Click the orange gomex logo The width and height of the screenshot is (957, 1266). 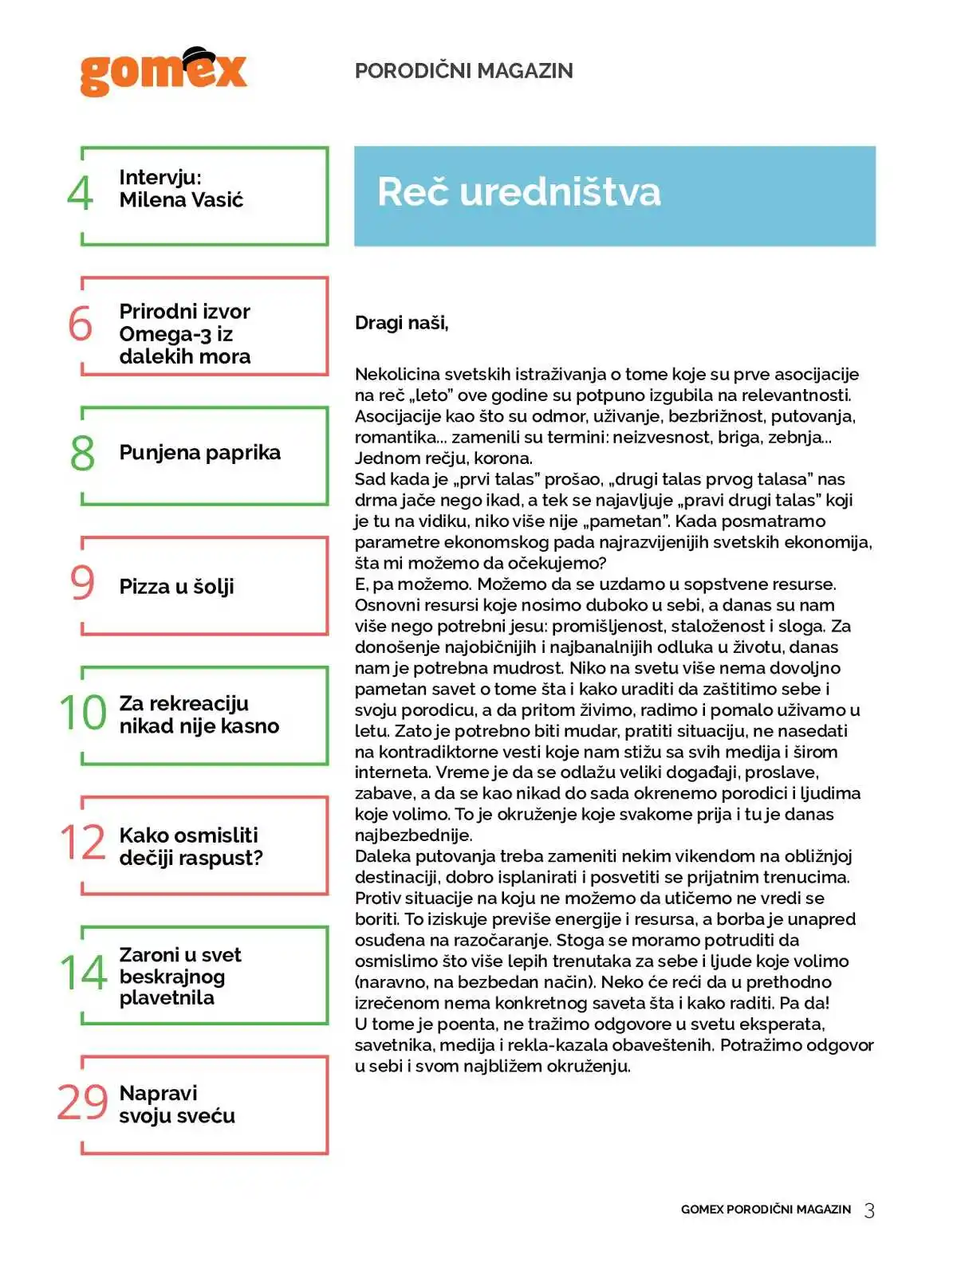[x=163, y=73]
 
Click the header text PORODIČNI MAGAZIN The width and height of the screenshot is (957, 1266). [x=463, y=71]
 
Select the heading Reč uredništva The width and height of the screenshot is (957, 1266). [x=518, y=192]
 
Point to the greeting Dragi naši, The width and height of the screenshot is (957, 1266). [x=401, y=323]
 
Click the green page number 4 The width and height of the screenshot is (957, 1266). [x=80, y=194]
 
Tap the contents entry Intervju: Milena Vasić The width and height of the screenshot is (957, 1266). [x=181, y=189]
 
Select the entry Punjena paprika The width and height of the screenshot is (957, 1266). [x=199, y=453]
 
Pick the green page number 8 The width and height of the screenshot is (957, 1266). [x=82, y=454]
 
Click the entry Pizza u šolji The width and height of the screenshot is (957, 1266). [x=176, y=587]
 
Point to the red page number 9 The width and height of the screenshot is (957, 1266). [x=82, y=583]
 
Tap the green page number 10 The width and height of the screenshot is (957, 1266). [x=83, y=713]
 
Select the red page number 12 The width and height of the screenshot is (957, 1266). [x=83, y=843]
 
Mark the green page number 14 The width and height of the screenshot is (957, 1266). [x=83, y=973]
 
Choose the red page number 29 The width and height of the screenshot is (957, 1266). [x=83, y=1103]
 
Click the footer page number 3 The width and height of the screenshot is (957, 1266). [x=869, y=1211]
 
